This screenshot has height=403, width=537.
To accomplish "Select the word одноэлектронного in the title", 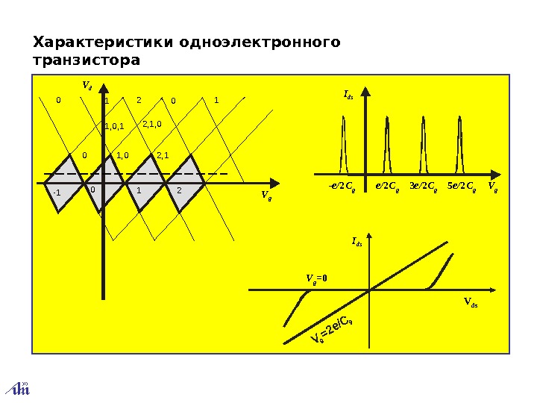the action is pyautogui.click(x=260, y=42).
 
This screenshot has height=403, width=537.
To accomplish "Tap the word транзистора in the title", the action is pyautogui.click(x=87, y=59).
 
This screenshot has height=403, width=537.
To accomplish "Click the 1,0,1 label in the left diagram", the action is pyautogui.click(x=114, y=127).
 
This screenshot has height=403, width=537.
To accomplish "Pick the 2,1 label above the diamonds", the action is pyautogui.click(x=164, y=155).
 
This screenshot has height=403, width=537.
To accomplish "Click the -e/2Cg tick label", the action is pyautogui.click(x=342, y=184).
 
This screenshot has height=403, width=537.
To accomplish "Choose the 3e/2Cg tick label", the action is pyautogui.click(x=423, y=184).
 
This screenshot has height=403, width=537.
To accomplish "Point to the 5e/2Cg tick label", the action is pyautogui.click(x=461, y=184).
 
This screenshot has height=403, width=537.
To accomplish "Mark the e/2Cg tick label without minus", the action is pyautogui.click(x=386, y=184).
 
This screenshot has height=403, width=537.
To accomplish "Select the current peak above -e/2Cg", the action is pyautogui.click(x=345, y=142).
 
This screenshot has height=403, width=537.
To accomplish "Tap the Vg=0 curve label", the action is pyautogui.click(x=317, y=278).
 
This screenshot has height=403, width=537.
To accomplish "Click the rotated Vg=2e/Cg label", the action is pyautogui.click(x=332, y=332).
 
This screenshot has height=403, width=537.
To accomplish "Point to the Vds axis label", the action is pyautogui.click(x=473, y=302).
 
